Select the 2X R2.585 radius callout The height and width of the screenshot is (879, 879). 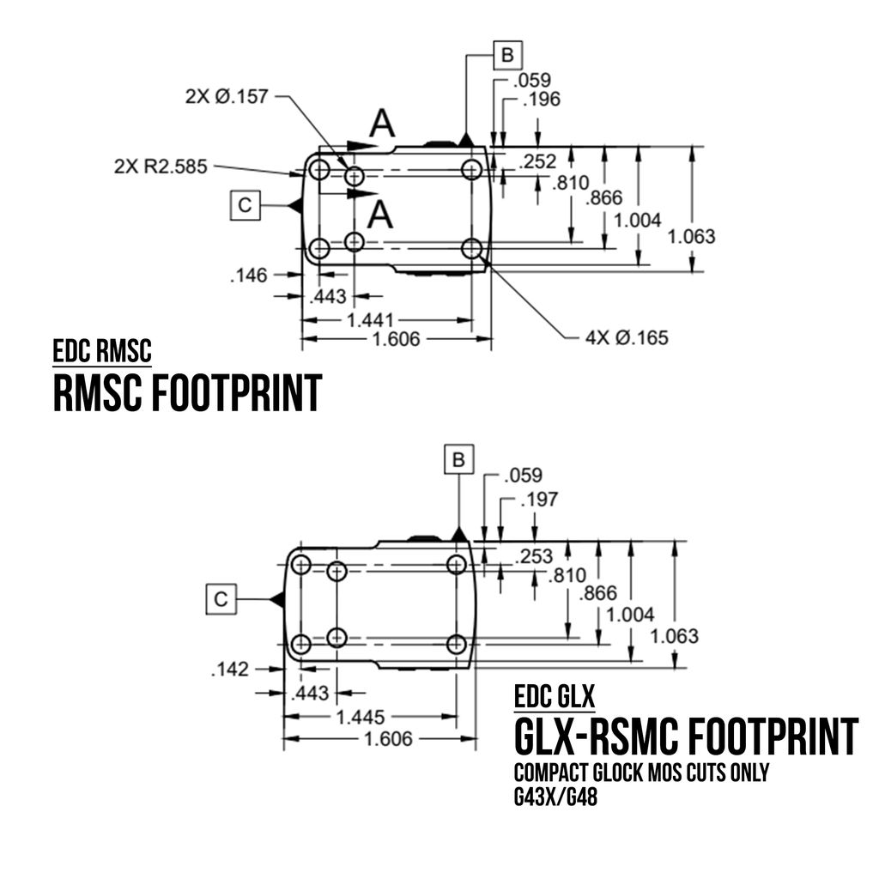pos(160,167)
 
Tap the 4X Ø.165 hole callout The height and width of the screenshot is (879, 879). pos(627,337)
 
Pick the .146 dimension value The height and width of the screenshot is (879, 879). pos(249,275)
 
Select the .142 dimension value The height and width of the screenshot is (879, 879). pos(229,670)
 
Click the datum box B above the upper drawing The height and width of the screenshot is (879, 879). pos(507,56)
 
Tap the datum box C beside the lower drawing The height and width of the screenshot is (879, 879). pos(221,599)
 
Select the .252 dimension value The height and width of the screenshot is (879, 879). pos(537,161)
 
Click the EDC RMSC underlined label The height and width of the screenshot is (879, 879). pos(102,352)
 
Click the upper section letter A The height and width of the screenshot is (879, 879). pos(383,125)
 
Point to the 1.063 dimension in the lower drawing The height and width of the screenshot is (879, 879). pos(675,636)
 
